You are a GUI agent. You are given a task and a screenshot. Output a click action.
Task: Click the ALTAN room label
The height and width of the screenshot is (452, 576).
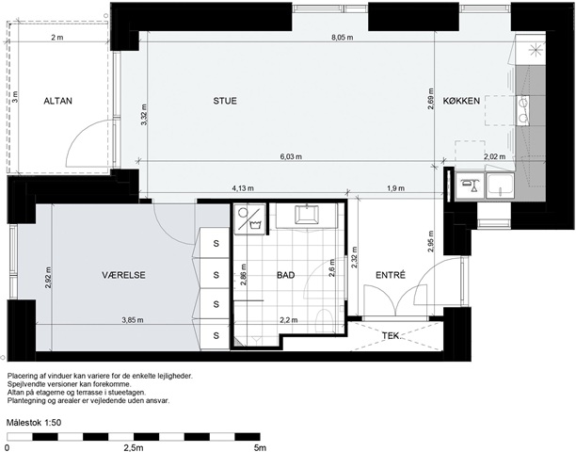click(x=57, y=101)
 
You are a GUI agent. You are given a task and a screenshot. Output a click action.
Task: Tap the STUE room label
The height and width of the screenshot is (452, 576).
click(x=225, y=101)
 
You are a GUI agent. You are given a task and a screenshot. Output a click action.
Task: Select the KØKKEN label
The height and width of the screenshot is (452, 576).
click(x=461, y=101)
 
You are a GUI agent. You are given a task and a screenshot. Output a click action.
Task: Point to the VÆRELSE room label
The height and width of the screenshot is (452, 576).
click(x=123, y=275)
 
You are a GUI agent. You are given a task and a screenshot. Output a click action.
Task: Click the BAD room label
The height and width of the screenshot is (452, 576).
click(x=285, y=275)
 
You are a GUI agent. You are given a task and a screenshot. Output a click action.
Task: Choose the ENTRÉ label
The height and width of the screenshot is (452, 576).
click(x=391, y=275)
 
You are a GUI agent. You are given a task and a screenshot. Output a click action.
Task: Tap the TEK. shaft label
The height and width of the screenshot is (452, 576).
click(x=391, y=335)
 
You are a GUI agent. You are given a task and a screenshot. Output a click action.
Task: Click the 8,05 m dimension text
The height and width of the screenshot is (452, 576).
click(x=342, y=38)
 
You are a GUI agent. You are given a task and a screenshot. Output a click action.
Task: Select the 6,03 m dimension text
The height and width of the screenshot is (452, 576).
click(x=291, y=157)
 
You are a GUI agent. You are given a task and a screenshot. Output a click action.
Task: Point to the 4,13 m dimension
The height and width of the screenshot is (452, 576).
click(x=243, y=188)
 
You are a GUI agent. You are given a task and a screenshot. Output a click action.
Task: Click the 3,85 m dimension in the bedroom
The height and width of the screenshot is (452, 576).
click(x=133, y=320)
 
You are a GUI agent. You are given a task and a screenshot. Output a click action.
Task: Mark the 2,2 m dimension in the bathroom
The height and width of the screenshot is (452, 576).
click(x=289, y=320)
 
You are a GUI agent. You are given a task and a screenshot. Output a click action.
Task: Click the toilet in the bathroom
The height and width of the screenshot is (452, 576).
click(x=324, y=319)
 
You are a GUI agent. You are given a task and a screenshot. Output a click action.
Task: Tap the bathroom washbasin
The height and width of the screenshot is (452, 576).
click(x=307, y=214)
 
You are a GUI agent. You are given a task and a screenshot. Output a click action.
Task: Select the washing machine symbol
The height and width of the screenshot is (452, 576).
click(x=249, y=219)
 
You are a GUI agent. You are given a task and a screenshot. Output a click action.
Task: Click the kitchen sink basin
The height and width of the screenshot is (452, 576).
click(x=500, y=186)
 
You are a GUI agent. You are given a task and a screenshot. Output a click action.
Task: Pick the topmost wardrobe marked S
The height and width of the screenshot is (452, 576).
click(x=216, y=243)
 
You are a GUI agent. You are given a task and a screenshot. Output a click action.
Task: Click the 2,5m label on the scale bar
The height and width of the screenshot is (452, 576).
click(x=133, y=447)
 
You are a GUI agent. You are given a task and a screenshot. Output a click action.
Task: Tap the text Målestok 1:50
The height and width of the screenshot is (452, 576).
click(x=34, y=423)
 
